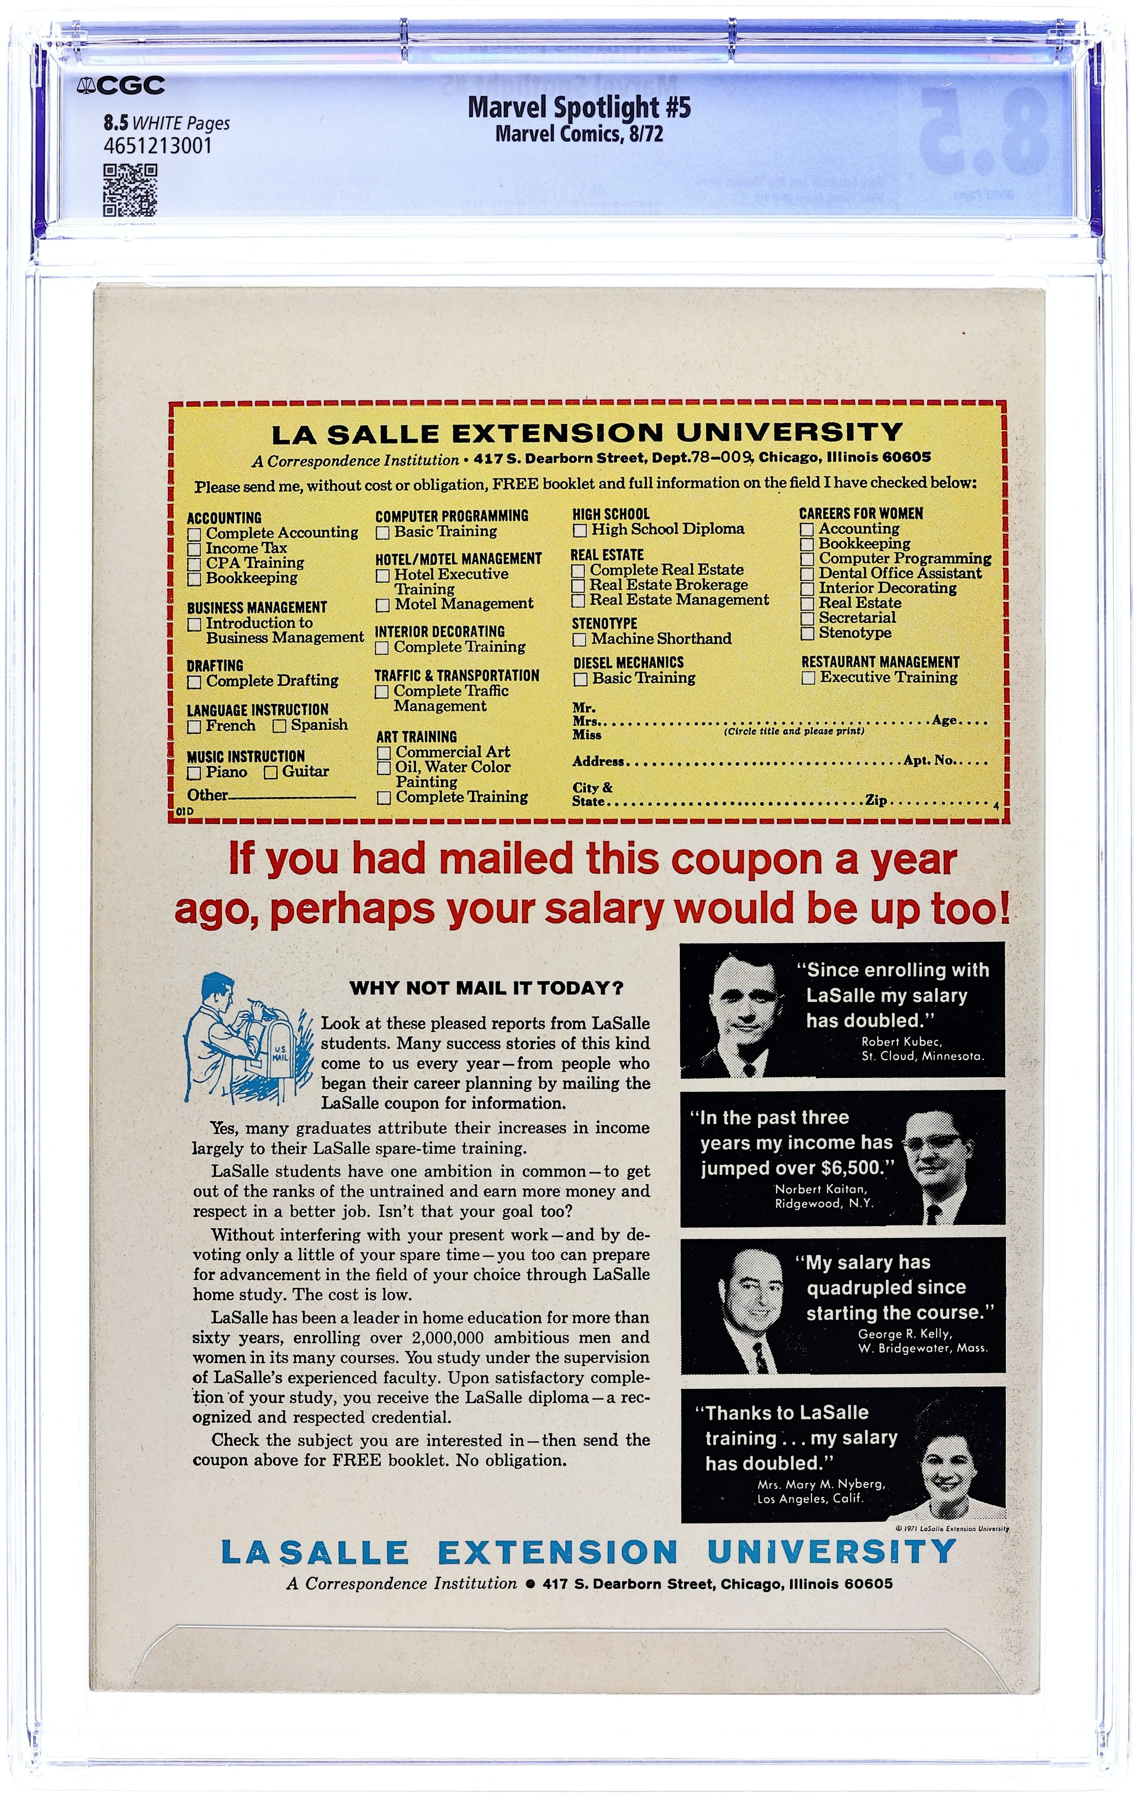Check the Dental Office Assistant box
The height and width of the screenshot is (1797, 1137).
pyautogui.click(x=806, y=574)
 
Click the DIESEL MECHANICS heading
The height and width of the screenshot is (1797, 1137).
pyautogui.click(x=628, y=662)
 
